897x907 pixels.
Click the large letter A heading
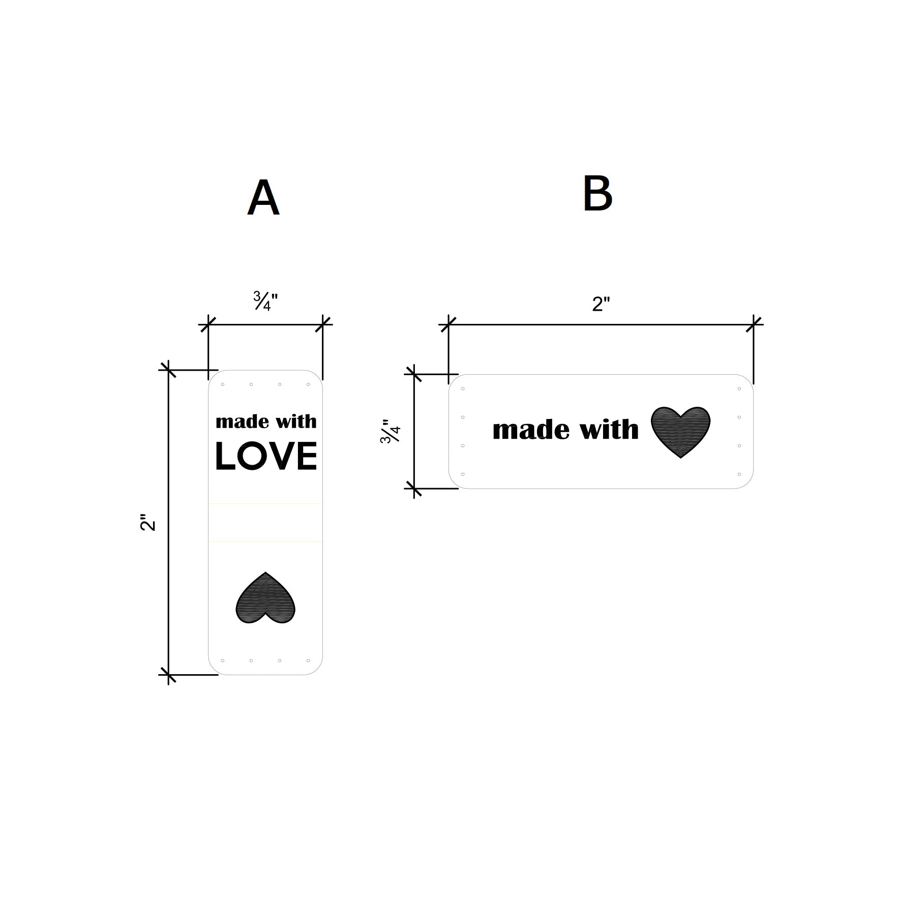263,198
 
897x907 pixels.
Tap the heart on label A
265,598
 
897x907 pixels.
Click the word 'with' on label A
296,421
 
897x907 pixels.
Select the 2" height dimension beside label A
147,523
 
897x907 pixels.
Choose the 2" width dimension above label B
601,304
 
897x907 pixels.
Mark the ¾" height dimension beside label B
391,432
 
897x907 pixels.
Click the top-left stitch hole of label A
223,384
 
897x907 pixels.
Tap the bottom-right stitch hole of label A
308,660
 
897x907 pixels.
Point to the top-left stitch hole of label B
463,389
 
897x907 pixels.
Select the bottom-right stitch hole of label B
739,474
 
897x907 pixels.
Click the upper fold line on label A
265,504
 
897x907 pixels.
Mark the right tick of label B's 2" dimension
754,324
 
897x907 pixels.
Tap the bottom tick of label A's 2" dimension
168,675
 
